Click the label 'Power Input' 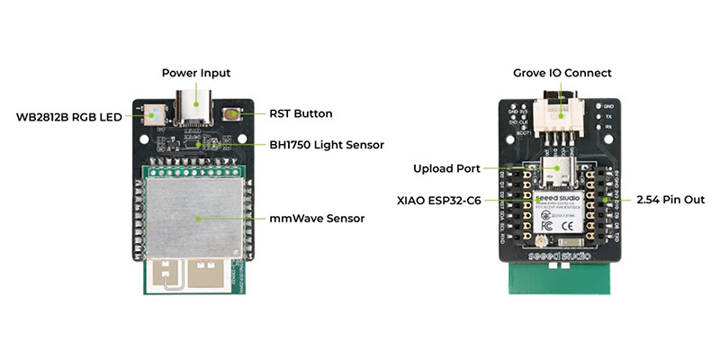[x=195, y=72]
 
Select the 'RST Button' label [x=301, y=114]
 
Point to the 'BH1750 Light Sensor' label [x=327, y=144]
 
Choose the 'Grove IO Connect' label [x=562, y=72]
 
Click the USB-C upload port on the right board [x=561, y=173]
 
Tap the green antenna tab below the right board [x=561, y=280]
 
